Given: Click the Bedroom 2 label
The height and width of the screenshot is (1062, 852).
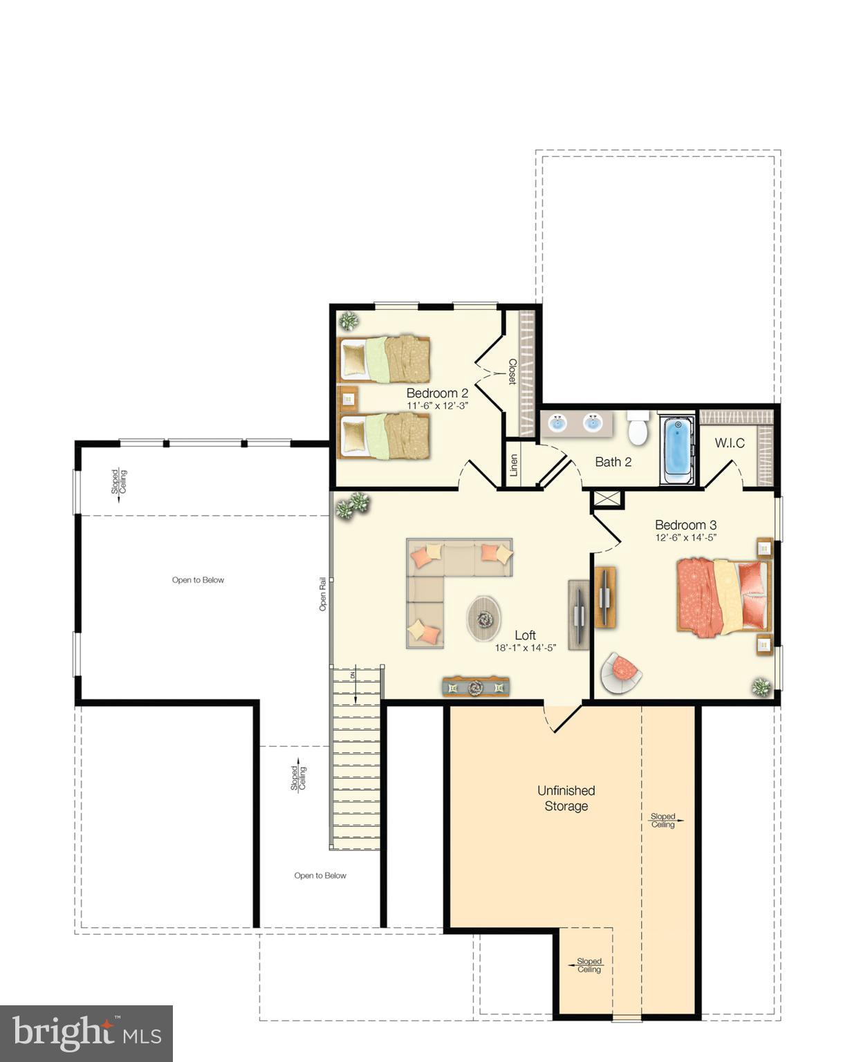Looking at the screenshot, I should tap(437, 393).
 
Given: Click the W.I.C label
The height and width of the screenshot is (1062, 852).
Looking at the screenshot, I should tap(730, 443).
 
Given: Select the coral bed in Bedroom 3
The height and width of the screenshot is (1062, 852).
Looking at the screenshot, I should tap(723, 596).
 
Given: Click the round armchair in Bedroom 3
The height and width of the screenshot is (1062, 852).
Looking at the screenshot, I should tap(620, 671).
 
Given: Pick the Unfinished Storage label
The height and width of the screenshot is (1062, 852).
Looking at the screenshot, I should tap(566, 798).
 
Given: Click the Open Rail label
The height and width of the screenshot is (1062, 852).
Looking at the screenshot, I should tap(322, 594).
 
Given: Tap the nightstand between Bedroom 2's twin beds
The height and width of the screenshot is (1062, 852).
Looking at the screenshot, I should tap(348, 399).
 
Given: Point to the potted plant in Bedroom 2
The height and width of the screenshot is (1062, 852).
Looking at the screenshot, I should tap(349, 321).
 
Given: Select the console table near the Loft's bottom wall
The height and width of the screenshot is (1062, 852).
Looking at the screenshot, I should tap(476, 687).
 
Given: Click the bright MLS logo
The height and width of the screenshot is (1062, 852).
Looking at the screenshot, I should tap(86, 1033).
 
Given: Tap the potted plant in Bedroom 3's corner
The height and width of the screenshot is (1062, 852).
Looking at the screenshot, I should tap(761, 687).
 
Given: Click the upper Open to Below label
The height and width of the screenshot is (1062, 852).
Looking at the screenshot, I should tap(198, 580).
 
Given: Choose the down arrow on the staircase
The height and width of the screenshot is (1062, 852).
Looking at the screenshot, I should tap(355, 687).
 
